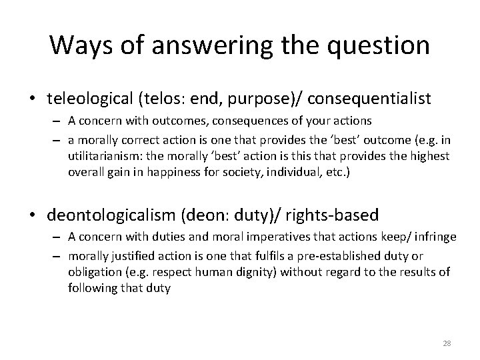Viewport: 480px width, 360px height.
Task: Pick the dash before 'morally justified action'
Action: click(57, 256)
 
